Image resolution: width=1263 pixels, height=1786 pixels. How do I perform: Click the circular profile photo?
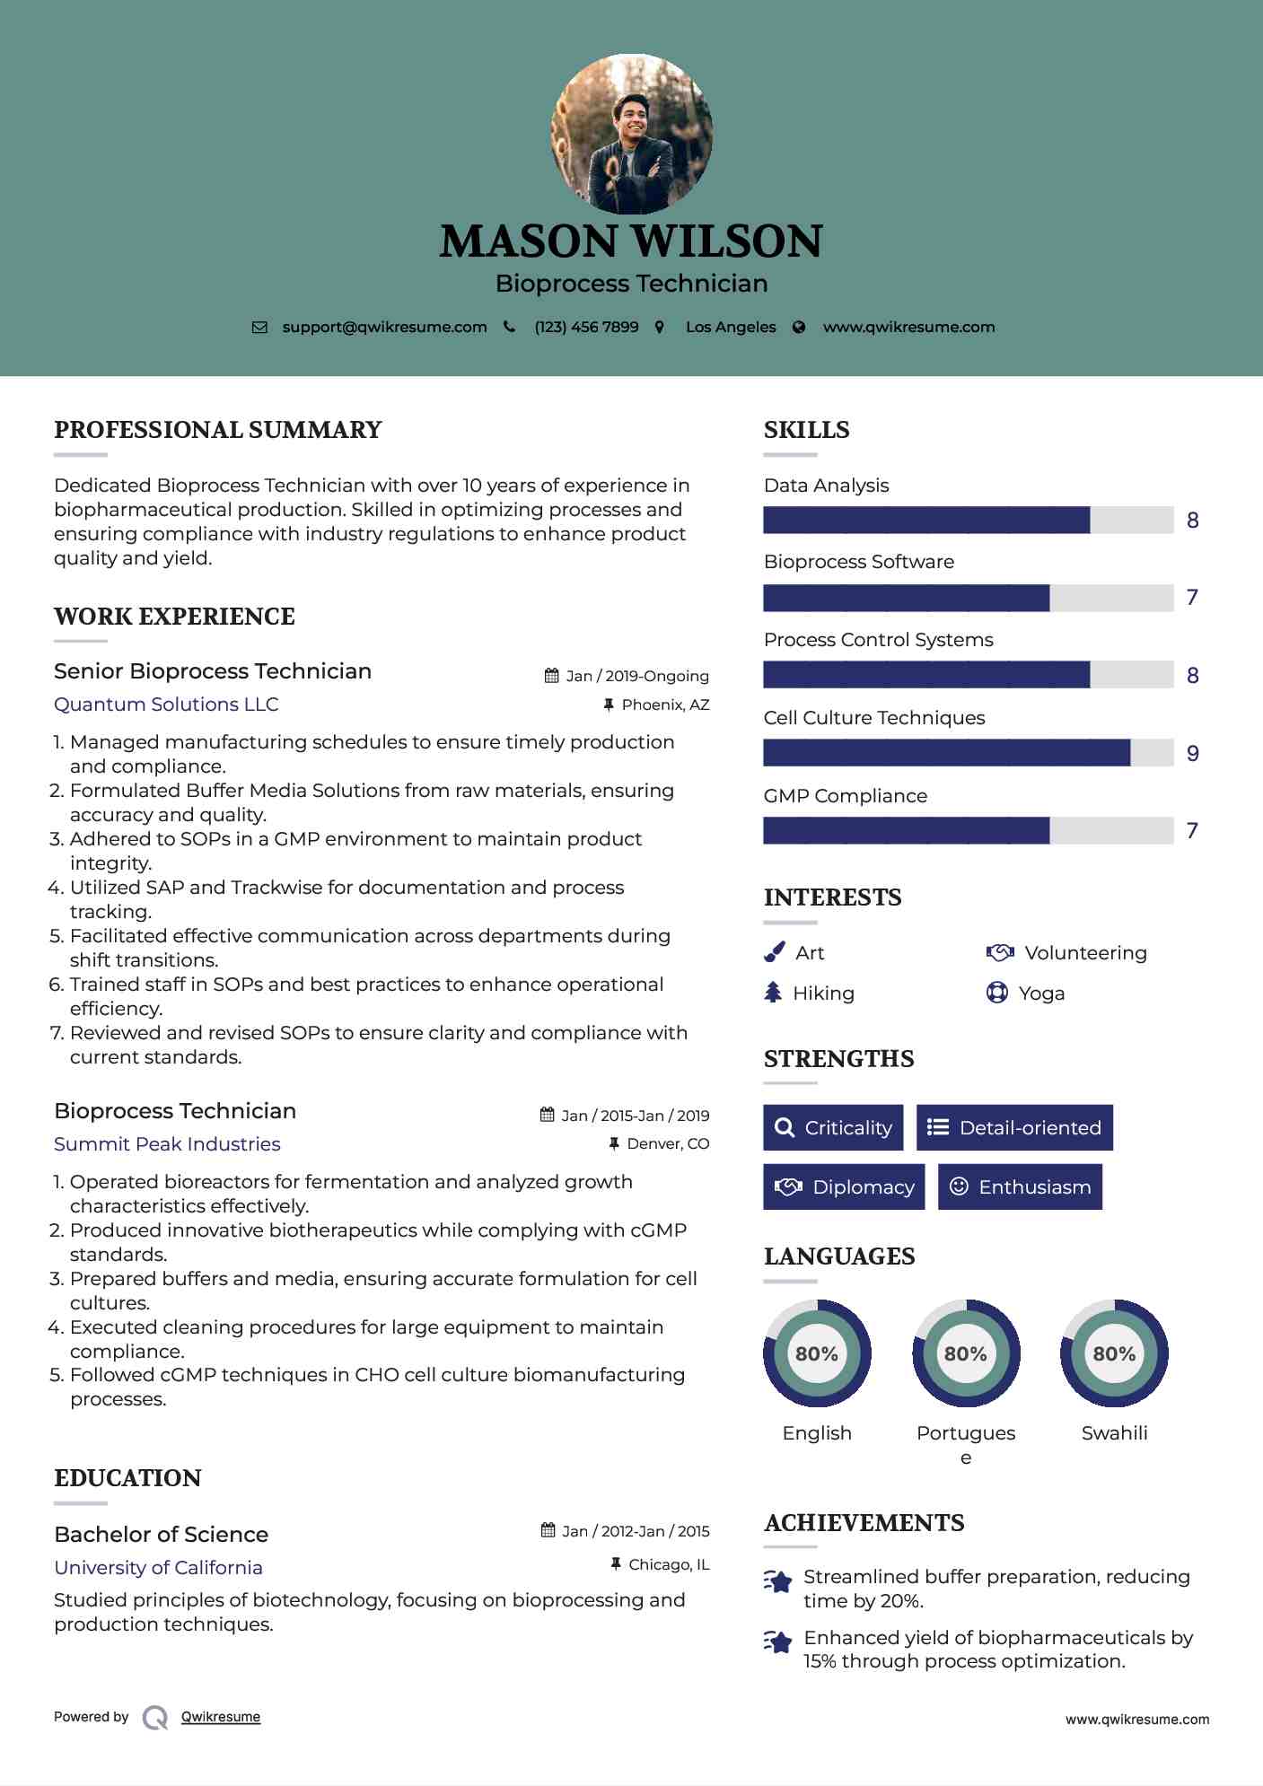click(x=631, y=135)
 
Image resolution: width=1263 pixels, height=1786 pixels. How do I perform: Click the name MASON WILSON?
click(x=631, y=241)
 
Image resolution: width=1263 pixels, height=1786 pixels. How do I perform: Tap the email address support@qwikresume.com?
click(x=384, y=327)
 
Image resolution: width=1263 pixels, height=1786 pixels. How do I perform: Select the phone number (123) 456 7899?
click(x=586, y=327)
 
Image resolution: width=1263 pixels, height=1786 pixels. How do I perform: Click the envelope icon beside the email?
click(x=259, y=328)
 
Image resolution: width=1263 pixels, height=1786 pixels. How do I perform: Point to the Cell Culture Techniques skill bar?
click(x=968, y=753)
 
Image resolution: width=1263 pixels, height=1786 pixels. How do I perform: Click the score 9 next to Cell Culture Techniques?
click(x=1192, y=754)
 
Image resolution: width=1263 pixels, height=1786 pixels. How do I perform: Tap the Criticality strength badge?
click(x=833, y=1127)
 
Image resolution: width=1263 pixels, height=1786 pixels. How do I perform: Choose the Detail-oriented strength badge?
click(x=1014, y=1127)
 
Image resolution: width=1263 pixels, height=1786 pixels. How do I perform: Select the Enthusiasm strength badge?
click(x=1020, y=1186)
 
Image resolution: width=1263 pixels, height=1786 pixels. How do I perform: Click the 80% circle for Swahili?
click(x=1114, y=1353)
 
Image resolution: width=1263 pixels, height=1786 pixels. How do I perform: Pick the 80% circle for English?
click(x=817, y=1353)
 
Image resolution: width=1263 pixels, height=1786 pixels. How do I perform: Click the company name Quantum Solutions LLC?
click(x=166, y=705)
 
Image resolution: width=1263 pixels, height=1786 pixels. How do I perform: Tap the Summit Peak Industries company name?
click(x=167, y=1144)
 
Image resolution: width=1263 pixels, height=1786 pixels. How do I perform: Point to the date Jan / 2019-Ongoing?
click(x=637, y=676)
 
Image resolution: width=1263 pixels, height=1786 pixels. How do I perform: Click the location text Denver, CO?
click(x=668, y=1143)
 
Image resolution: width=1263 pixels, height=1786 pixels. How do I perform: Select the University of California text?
click(x=158, y=1568)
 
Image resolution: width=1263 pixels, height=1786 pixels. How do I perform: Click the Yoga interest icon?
click(x=996, y=993)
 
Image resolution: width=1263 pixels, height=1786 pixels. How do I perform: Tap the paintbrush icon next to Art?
click(x=774, y=952)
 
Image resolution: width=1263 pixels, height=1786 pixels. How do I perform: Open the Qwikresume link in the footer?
click(x=221, y=1717)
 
